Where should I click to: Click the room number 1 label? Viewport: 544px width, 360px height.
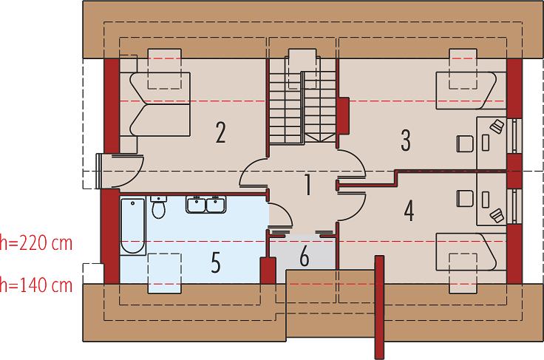tap(307, 185)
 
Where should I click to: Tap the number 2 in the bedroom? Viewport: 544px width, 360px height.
tap(221, 132)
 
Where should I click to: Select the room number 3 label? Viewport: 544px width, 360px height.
tap(406, 140)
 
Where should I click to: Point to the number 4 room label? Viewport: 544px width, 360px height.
tap(409, 211)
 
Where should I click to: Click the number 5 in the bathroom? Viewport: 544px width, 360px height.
tap(216, 262)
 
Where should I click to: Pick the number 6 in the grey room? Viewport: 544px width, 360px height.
tap(305, 257)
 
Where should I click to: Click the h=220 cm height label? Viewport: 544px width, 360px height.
tap(36, 242)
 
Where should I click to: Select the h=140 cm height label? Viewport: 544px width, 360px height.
tap(36, 285)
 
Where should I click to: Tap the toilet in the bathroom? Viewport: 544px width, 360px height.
tap(159, 207)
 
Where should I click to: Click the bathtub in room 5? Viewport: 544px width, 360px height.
tap(133, 225)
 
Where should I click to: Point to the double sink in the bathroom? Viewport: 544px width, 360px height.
tap(206, 205)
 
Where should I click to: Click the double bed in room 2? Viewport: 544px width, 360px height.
tap(160, 104)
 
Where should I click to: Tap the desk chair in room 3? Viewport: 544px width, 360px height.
tap(465, 143)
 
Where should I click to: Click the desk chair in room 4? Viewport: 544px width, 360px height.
tap(465, 198)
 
